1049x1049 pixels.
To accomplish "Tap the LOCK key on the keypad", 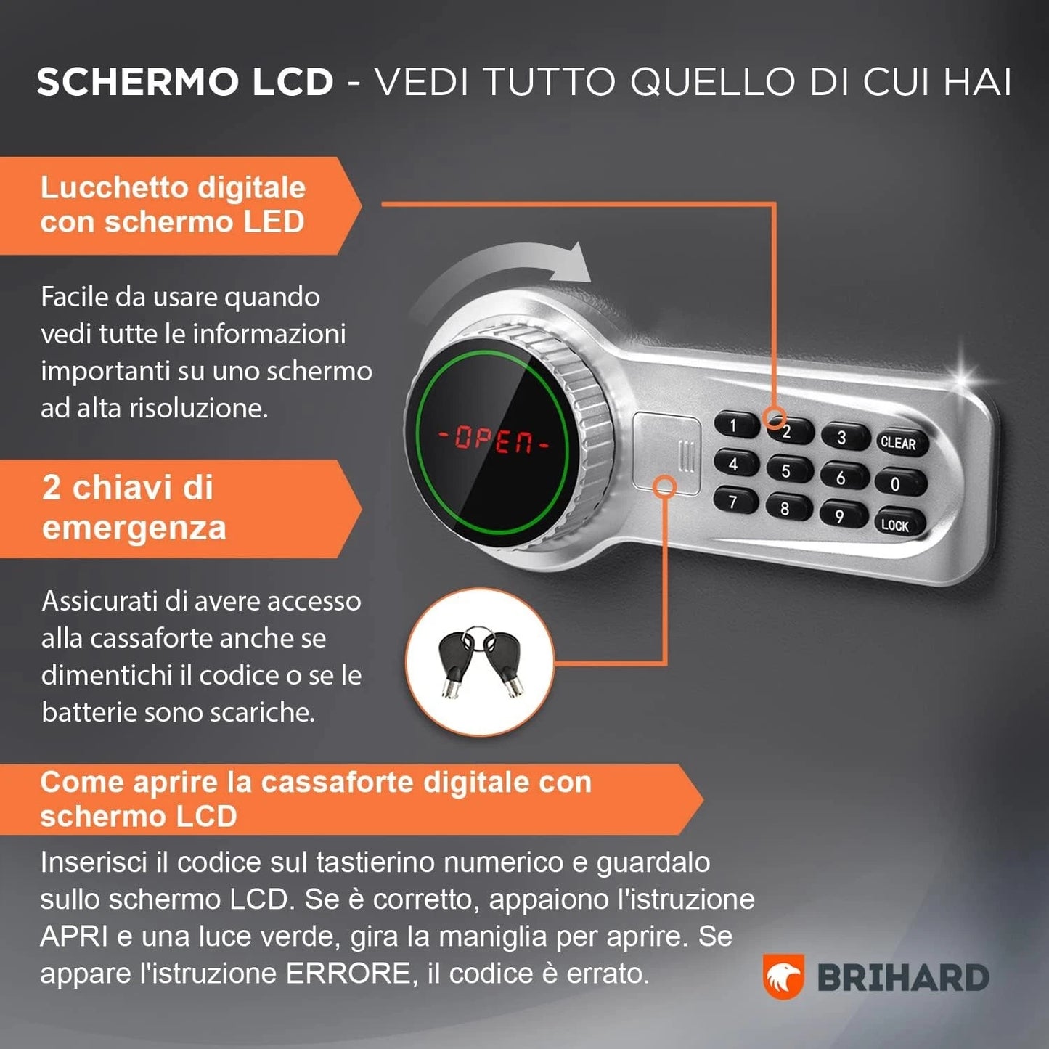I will point(894,525).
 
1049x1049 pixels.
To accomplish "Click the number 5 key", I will point(786,470).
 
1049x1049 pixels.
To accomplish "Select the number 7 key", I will point(734,501).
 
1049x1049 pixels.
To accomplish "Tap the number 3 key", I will point(842,437).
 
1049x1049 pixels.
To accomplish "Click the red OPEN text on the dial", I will point(494,439).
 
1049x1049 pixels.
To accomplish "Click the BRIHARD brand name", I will point(903,978).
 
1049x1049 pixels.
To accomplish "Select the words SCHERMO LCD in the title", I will point(185,81).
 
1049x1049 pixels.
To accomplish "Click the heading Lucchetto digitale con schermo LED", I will point(173,205).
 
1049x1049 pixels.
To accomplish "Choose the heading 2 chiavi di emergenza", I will point(134,507).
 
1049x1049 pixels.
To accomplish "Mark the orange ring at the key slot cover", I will point(664,486).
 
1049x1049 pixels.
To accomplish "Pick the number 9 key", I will point(841,515).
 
